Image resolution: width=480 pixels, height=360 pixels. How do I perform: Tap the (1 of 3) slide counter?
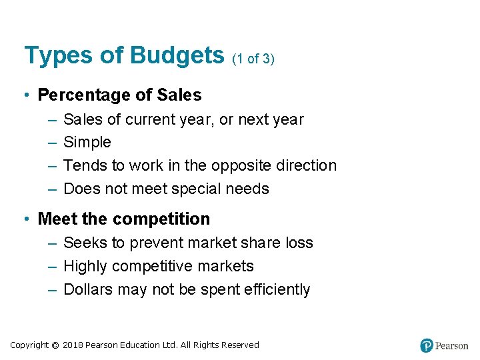click(x=253, y=59)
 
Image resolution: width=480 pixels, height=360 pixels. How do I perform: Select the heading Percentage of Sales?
click(x=119, y=95)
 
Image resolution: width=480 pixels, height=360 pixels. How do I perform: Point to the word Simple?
click(x=87, y=143)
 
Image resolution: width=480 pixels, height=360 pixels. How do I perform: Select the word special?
click(x=195, y=189)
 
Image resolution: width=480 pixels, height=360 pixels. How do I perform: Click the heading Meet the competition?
click(x=124, y=219)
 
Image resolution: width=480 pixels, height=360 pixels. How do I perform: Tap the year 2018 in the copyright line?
click(x=74, y=345)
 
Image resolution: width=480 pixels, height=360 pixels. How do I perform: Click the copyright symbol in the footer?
click(x=55, y=345)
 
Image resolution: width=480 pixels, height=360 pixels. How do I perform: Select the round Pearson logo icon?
click(x=427, y=345)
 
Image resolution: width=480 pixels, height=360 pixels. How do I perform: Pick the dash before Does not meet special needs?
click(x=53, y=189)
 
